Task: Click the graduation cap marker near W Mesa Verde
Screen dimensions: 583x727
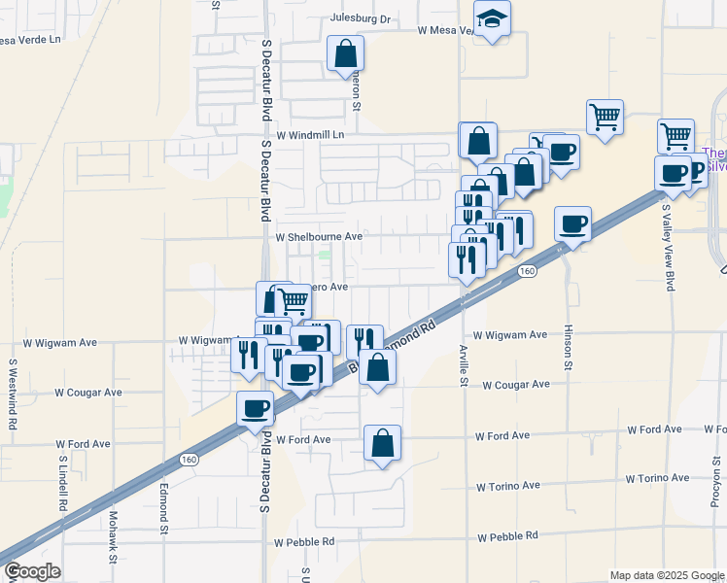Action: click(x=492, y=18)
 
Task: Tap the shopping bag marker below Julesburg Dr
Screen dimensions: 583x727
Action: click(x=345, y=54)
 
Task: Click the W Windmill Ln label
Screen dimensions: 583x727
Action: click(x=311, y=136)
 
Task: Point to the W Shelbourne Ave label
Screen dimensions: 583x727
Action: click(x=319, y=236)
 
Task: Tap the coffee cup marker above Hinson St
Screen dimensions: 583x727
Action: click(x=573, y=224)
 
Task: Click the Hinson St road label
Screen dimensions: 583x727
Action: click(x=568, y=347)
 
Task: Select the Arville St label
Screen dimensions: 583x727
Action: click(x=464, y=363)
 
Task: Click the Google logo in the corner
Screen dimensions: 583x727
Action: click(x=32, y=571)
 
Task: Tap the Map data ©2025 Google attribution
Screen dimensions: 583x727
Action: click(x=666, y=575)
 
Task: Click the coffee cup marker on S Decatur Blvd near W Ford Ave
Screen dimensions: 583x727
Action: click(x=257, y=409)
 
